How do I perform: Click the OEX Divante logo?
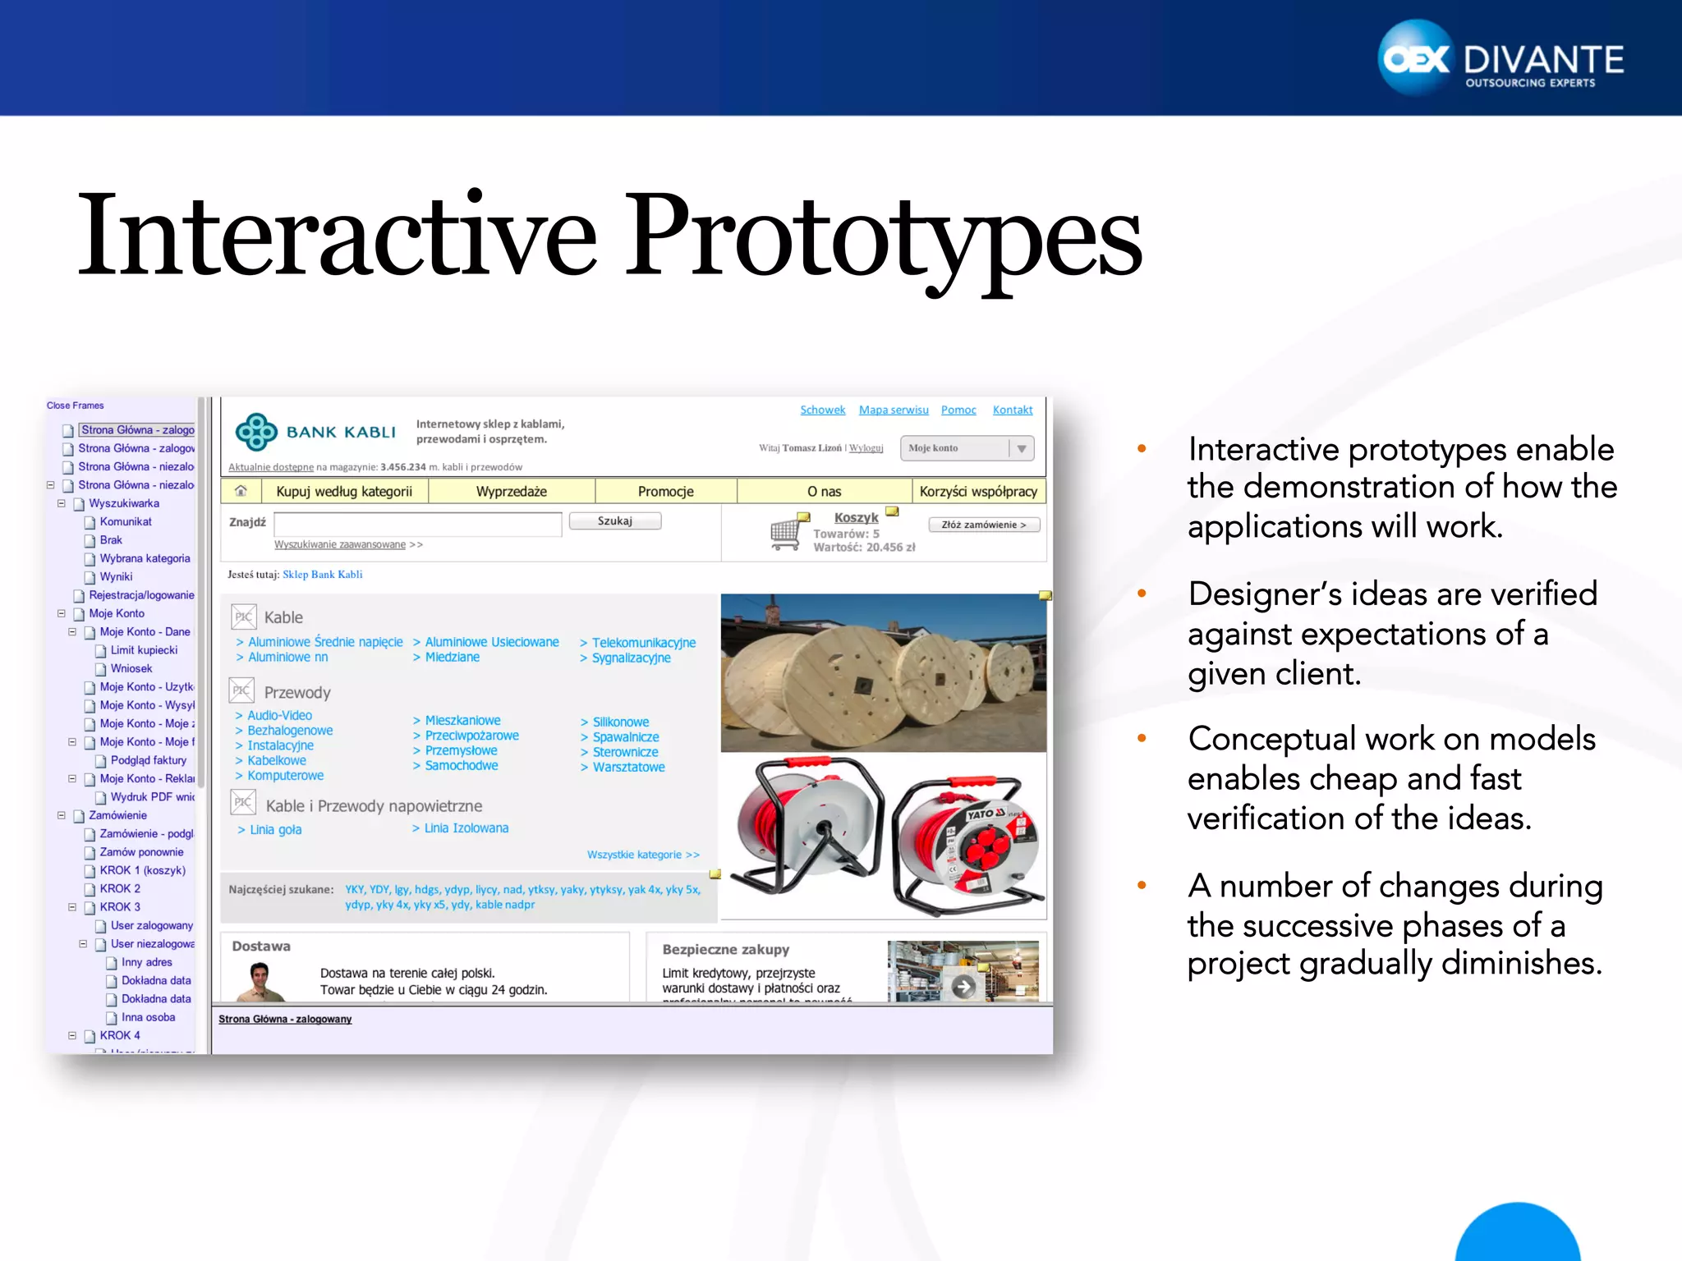[1500, 59]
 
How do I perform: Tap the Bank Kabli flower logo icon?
[256, 432]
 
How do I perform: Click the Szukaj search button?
[614, 521]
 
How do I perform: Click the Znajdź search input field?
[417, 524]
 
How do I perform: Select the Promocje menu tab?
[665, 492]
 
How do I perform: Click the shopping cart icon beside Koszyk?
[785, 534]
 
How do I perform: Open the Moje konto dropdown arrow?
[1021, 448]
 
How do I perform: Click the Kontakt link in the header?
[1012, 410]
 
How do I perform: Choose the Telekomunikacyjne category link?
[643, 643]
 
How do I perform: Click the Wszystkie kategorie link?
[642, 855]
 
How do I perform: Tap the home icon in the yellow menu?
[241, 491]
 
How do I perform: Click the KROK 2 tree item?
[120, 888]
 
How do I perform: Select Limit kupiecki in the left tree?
[144, 650]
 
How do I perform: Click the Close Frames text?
[76, 406]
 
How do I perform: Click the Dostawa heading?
[261, 947]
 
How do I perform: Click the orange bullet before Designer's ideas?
[1142, 594]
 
